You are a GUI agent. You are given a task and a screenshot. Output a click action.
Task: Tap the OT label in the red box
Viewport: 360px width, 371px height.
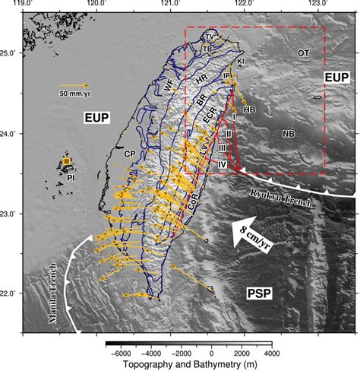click(302, 53)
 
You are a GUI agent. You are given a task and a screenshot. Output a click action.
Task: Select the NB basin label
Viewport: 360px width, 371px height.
click(288, 134)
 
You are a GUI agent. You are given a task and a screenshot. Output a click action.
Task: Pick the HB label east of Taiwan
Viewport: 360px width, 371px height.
click(249, 109)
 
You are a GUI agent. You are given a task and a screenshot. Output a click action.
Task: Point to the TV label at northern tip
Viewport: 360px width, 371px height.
click(209, 36)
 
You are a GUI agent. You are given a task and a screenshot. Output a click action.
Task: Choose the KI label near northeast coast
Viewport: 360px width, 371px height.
click(241, 61)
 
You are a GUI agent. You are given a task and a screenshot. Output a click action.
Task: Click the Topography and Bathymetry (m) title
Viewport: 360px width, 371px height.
click(190, 364)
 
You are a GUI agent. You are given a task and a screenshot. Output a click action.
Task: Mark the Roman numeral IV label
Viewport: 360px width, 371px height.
click(223, 164)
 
